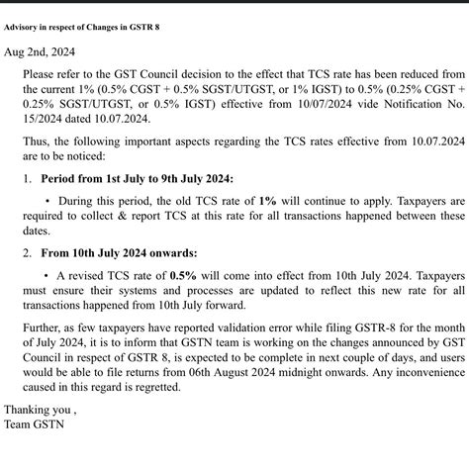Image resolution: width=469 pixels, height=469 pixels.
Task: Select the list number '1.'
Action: pyautogui.click(x=28, y=179)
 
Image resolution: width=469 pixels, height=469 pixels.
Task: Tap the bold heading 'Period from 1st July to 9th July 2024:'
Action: pyautogui.click(x=138, y=179)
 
